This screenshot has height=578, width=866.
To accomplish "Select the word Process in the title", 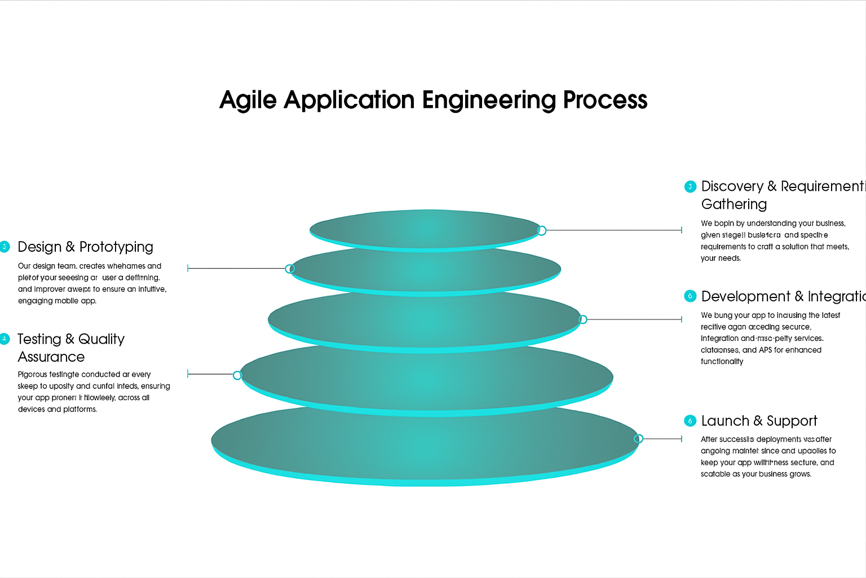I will tap(605, 100).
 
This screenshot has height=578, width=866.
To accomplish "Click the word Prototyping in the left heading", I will tap(116, 247).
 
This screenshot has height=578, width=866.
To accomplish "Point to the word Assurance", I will tap(51, 357).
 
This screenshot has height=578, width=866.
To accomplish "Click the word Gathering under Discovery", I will tap(734, 204).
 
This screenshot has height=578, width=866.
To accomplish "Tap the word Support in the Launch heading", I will tap(792, 421).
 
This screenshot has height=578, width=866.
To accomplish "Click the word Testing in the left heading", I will tap(39, 339).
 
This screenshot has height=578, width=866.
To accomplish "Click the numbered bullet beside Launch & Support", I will tap(690, 421).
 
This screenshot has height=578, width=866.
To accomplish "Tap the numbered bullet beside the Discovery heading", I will tap(690, 187).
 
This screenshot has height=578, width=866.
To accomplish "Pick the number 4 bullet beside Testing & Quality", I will tap(5, 339).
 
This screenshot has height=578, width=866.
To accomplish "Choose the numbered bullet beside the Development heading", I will tap(690, 296).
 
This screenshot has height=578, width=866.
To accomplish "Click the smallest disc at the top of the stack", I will tap(425, 229).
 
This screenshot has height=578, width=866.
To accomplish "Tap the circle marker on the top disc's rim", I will tap(542, 230).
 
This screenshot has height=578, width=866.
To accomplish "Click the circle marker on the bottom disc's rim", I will tap(639, 439).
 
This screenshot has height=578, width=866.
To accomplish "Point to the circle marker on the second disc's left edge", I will tap(290, 269).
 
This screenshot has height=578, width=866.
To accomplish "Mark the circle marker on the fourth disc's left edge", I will tap(237, 375).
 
